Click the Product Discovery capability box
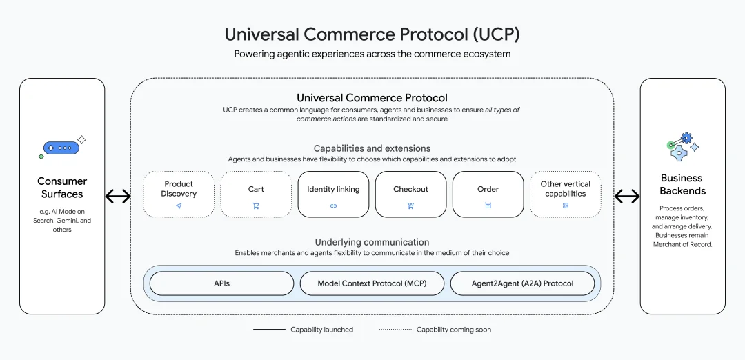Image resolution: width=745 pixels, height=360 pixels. pos(179,194)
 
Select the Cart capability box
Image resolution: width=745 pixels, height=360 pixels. pos(256,194)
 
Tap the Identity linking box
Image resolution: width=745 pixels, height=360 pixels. pos(333,194)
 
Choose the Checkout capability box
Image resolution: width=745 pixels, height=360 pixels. pos(410,194)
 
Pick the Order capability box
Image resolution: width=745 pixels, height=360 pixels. pos(488,194)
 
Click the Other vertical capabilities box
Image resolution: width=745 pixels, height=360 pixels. pos(565,194)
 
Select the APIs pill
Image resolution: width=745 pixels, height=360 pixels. pos(221,283)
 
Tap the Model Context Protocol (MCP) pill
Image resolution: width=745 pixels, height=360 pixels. pos(372,283)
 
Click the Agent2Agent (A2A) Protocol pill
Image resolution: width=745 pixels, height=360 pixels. pos(522,283)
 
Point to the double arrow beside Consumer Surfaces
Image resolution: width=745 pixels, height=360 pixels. pos(118,197)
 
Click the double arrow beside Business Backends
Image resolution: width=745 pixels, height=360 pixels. pos(627,197)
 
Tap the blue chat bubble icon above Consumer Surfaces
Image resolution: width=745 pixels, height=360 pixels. pos(61,148)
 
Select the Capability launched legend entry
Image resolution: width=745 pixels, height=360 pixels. pos(303,330)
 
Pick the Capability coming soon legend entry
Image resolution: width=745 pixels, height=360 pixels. pos(435,330)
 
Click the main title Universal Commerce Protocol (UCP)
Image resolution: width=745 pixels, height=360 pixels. pos(372,34)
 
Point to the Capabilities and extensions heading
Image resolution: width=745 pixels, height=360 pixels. pos(372,148)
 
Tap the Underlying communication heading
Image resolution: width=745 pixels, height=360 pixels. pos(372,242)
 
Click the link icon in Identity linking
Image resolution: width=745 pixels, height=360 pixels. pos(333,206)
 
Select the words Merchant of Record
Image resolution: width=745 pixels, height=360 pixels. pos(682,244)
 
